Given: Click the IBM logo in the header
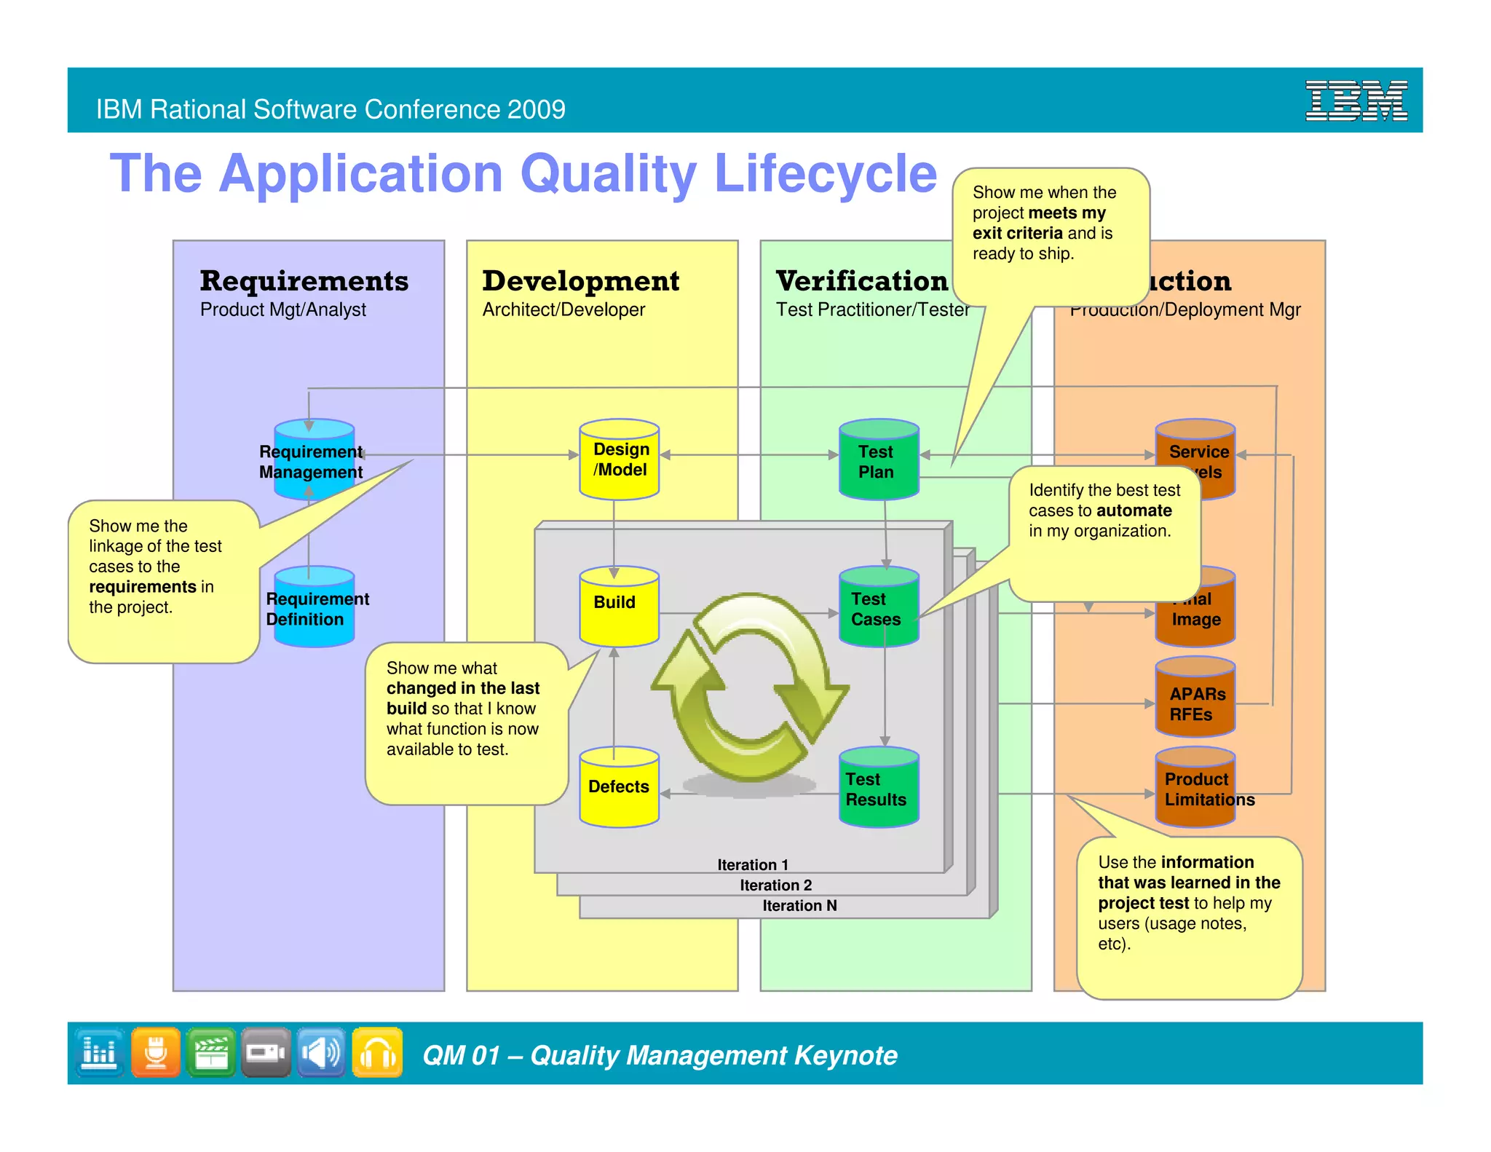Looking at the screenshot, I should coord(1356,100).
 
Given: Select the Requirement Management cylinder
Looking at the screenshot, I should coord(314,460).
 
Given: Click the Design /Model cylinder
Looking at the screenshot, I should coord(619,459).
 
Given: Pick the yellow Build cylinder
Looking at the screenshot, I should coord(619,606).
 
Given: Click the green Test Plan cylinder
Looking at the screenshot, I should coord(879,460).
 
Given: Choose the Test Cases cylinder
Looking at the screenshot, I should coord(879,607).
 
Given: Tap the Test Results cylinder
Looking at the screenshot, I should coord(879,788).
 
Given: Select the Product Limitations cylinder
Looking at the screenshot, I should coord(1195,788).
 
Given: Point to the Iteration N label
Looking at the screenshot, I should coord(799,905).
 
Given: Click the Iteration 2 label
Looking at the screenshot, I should coord(775,885).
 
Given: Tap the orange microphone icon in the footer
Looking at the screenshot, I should coord(156,1052).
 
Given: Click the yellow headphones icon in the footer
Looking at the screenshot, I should coord(377,1052).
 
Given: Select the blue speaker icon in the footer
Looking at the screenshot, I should coord(321,1052).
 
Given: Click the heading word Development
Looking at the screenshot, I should coord(580,281).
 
